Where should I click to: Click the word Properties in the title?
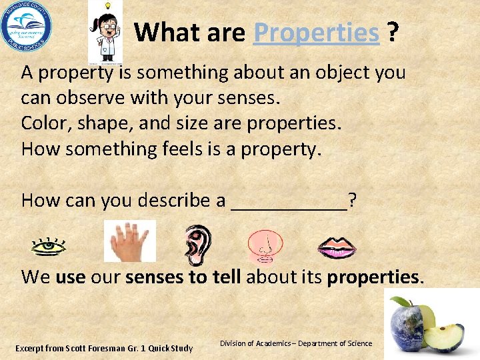coord(316,32)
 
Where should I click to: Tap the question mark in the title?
coord(394,32)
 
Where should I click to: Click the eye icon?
coord(49,246)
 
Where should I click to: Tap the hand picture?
coord(129,241)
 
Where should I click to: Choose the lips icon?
coord(337,247)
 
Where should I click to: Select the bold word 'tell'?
coord(223,277)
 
